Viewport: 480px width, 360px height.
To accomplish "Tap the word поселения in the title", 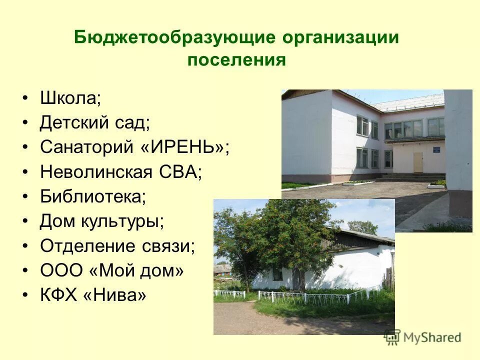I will [236, 60].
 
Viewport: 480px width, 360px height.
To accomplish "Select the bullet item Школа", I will [70, 98].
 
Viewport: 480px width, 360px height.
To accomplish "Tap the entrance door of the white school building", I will [417, 162].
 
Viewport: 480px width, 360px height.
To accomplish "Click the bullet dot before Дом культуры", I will [25, 221].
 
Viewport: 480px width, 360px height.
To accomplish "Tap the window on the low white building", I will [276, 273].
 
